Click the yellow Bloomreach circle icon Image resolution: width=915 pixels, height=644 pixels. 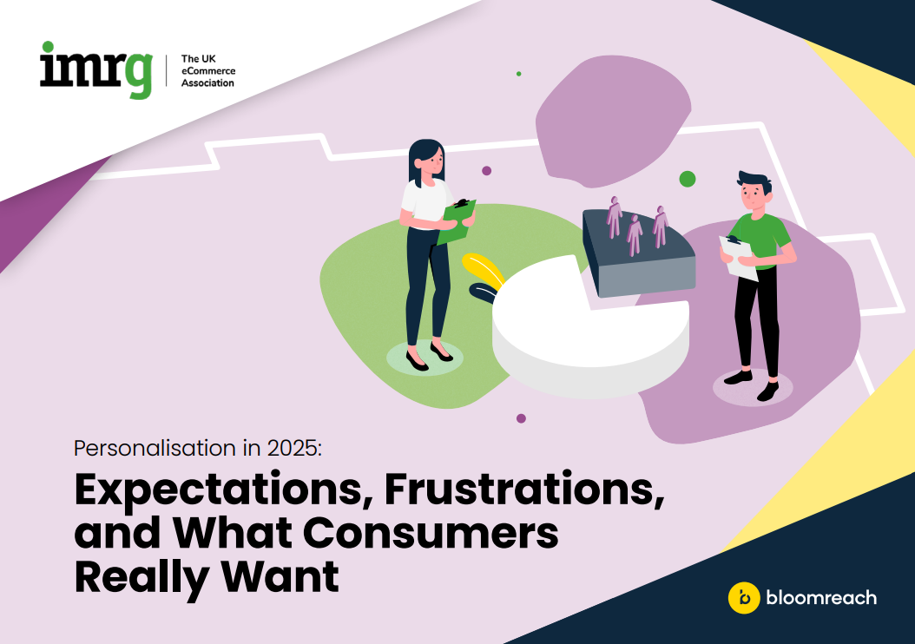[743, 597]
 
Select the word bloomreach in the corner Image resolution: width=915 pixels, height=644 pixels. [820, 597]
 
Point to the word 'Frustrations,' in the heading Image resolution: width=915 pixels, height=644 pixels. [524, 490]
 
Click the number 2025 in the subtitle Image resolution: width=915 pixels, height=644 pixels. [290, 449]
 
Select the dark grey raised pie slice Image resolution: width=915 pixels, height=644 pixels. [638, 256]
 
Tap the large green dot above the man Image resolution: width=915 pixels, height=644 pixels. [688, 179]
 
